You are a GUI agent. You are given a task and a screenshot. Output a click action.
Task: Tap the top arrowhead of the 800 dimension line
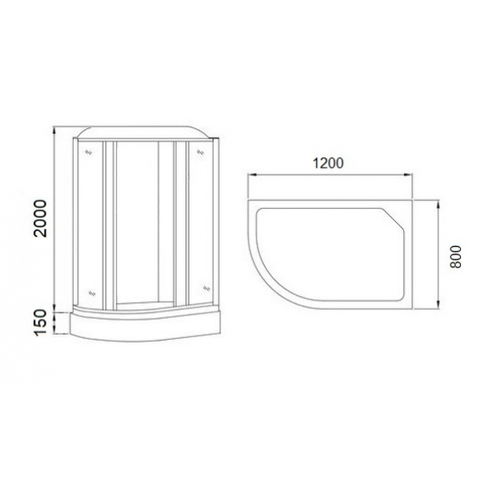pyautogui.click(x=436, y=201)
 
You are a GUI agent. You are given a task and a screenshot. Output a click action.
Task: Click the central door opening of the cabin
pyautogui.click(x=138, y=220)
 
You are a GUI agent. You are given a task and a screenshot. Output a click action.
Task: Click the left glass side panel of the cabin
pyautogui.click(x=88, y=220)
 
